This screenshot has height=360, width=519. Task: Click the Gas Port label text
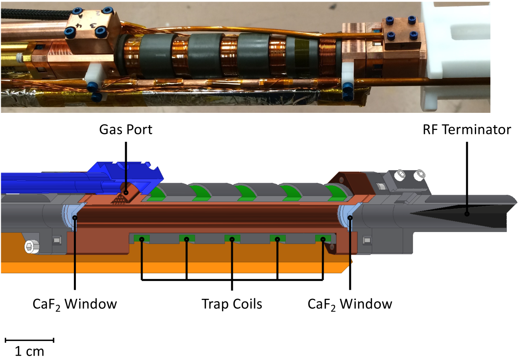pos(125,130)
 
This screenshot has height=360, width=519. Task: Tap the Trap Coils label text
pos(232,304)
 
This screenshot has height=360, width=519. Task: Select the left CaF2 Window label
pos(75,304)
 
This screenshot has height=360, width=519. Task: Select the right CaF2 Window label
pos(350,304)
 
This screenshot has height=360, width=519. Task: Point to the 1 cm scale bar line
pos(29,340)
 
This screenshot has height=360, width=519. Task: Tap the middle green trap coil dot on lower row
pos(232,239)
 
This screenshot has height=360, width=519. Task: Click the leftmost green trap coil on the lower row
pos(141,239)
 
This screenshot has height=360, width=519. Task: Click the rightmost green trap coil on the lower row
pos(322,239)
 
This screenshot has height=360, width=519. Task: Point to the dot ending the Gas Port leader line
pos(125,192)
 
